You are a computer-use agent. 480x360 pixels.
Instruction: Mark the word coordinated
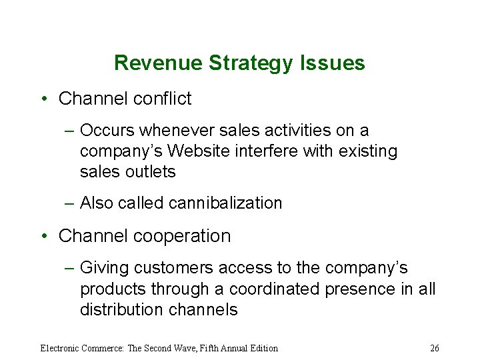274,289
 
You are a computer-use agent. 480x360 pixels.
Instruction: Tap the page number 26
435,348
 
